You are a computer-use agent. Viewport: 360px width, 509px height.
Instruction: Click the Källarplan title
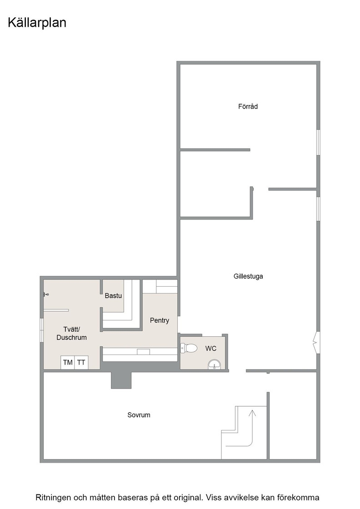point(37,23)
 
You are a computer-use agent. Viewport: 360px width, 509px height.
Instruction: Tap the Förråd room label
point(248,106)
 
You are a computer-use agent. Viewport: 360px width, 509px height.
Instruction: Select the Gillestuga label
point(248,276)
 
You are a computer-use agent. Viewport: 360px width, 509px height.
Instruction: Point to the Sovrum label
point(139,415)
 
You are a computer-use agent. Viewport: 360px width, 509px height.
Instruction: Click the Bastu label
point(113,296)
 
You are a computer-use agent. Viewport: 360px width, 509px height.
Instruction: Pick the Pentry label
point(160,320)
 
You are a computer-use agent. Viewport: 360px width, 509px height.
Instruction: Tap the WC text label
point(210,348)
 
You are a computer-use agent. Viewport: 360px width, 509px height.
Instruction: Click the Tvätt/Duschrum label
point(71,334)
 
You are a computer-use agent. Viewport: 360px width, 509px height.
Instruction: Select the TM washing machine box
point(68,362)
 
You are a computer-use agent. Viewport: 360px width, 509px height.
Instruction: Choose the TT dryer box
point(81,362)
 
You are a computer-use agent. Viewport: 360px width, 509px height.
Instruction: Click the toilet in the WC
point(189,348)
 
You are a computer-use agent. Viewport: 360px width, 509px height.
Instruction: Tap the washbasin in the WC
point(214,364)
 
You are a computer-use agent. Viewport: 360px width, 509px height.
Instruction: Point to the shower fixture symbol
point(46,295)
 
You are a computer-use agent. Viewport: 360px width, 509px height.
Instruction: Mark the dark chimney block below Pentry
point(121,380)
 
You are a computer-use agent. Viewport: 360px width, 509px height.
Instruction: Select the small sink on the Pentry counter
point(143,352)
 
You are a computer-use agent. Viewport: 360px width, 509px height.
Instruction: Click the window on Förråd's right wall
point(319,142)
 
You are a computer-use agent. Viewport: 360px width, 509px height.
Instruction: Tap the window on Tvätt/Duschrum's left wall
point(41,330)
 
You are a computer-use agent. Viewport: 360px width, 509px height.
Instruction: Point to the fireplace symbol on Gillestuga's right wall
point(316,343)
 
